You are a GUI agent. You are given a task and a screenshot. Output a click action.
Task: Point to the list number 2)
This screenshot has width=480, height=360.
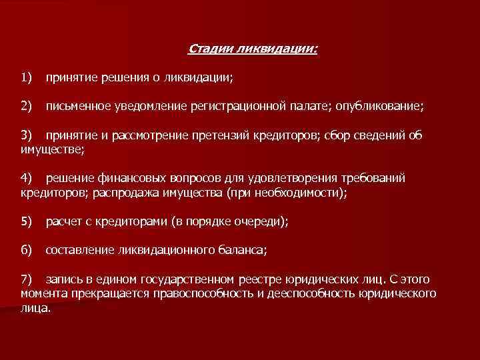27,105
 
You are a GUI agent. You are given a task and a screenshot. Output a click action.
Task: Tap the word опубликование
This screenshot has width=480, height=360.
380,106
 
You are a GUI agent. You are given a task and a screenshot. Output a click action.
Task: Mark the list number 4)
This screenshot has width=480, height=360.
27,179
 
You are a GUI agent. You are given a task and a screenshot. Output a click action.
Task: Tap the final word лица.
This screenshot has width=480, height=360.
35,308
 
